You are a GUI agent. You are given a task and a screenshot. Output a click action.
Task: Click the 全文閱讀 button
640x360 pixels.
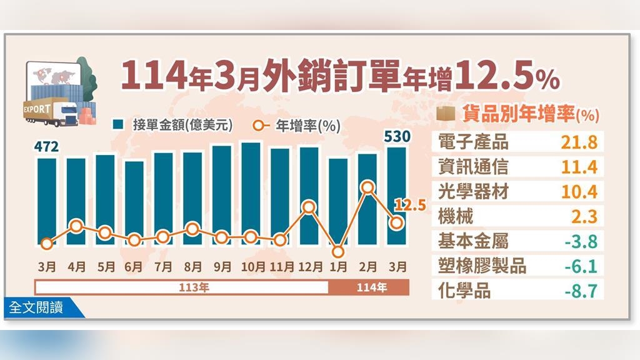pyautogui.click(x=36, y=308)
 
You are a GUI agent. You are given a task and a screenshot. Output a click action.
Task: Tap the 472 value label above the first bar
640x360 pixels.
pyautogui.click(x=46, y=147)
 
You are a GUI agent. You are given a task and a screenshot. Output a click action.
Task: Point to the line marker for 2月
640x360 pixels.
pyautogui.click(x=368, y=187)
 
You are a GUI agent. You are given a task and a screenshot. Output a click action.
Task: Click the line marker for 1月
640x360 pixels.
pyautogui.click(x=339, y=252)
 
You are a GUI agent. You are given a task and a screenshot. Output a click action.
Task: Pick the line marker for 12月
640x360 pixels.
pyautogui.click(x=309, y=207)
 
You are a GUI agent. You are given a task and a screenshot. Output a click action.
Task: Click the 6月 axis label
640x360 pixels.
pyautogui.click(x=134, y=267)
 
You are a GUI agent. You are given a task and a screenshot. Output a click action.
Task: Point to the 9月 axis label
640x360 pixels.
pyautogui.click(x=222, y=267)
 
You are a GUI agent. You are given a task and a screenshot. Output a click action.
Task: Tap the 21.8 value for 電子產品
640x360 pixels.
pyautogui.click(x=580, y=142)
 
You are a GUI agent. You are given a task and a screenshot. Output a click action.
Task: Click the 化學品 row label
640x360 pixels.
pyautogui.click(x=464, y=291)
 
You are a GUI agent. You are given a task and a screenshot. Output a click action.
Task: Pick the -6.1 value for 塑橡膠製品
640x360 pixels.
pyautogui.click(x=580, y=266)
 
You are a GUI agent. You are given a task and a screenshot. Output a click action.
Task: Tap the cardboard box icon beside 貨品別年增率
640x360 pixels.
pyautogui.click(x=444, y=114)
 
